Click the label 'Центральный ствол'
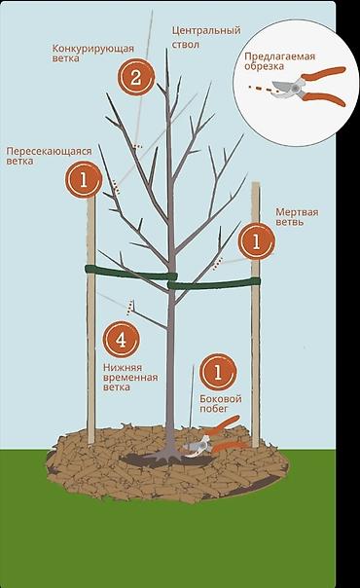206,37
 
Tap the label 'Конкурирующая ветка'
92,54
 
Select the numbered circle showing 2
136,77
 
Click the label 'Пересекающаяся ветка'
49,156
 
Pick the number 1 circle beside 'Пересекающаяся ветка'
84,180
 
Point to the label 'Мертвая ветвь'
297,217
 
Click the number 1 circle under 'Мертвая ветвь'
257,241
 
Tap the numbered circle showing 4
121,340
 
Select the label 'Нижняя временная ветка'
130,378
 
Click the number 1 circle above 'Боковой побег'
218,373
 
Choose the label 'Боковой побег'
221,403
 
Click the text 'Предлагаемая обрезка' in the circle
280,61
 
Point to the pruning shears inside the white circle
308,87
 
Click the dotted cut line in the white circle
262,89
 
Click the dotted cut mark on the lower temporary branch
130,307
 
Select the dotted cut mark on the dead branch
218,264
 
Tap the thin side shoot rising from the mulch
193,395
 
